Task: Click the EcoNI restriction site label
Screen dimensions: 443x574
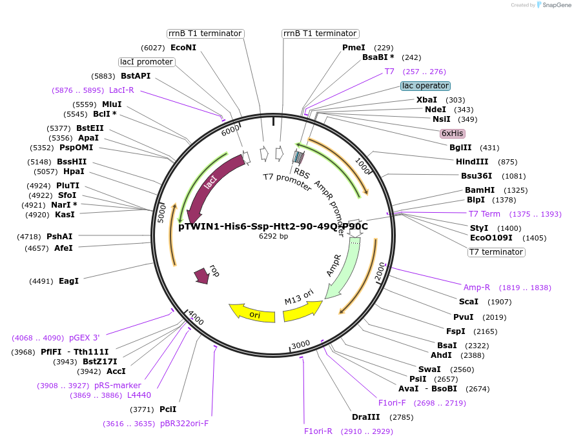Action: point(183,47)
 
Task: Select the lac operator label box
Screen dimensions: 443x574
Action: point(425,86)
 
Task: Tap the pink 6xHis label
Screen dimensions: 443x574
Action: point(452,133)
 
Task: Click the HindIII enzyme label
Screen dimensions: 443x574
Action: point(473,162)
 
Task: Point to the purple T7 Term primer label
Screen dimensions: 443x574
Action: point(484,214)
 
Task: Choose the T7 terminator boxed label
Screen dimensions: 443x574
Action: point(496,252)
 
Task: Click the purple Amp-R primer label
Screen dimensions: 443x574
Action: point(477,288)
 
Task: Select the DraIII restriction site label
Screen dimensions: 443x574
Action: point(365,417)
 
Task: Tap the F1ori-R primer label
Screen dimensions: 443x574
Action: point(318,431)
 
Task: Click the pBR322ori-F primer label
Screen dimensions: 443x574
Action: point(184,424)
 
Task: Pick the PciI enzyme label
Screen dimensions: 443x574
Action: point(168,409)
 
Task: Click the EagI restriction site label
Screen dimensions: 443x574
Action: point(68,281)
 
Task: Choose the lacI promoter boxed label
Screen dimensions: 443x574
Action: point(147,62)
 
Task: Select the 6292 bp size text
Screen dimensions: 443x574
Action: point(272,236)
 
